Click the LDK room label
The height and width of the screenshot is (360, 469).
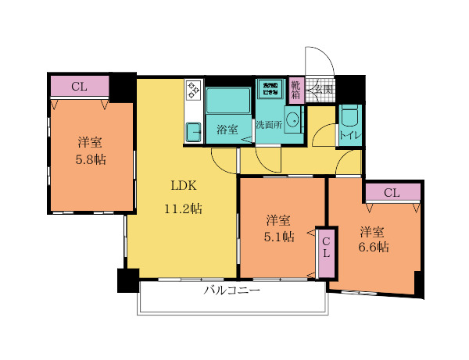click(x=184, y=186)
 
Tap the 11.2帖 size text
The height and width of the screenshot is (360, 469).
click(x=184, y=209)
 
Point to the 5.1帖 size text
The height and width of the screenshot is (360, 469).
click(x=279, y=236)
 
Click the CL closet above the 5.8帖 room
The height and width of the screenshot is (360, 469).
click(x=79, y=86)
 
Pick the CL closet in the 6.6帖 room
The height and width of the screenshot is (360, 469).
click(x=392, y=192)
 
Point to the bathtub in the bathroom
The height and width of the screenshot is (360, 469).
click(x=227, y=101)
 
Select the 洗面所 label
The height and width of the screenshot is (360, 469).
click(x=269, y=124)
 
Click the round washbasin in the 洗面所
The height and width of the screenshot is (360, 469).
click(x=292, y=120)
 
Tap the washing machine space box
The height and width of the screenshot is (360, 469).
click(x=270, y=88)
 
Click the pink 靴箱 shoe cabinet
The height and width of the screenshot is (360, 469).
click(x=296, y=90)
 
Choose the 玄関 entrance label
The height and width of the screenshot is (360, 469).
click(x=324, y=90)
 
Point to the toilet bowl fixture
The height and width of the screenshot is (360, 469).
click(x=349, y=116)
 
